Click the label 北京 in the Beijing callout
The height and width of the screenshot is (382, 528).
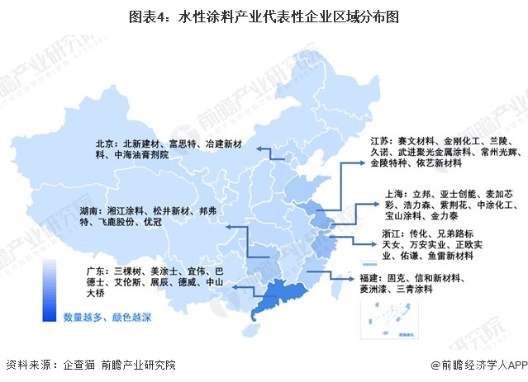coord(104,142)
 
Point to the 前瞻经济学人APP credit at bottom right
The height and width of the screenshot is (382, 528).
coord(478,365)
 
